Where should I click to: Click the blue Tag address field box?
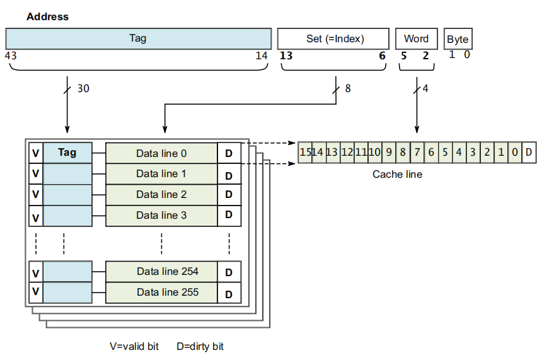coord(138,38)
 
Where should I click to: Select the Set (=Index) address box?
coord(334,38)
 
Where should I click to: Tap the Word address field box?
coord(416,38)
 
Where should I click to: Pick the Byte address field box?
coord(458,39)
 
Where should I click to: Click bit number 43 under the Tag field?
coord(11,55)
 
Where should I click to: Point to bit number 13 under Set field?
coord(286,55)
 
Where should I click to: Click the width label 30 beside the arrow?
coord(83,89)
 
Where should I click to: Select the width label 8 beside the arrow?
coord(348,89)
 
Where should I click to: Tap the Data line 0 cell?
coord(161,153)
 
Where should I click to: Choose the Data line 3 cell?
coord(161,216)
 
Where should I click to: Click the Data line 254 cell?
coord(167,272)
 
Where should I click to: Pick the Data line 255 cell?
coord(167,293)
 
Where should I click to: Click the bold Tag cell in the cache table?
coord(67,153)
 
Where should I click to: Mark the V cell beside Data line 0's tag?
coord(36,153)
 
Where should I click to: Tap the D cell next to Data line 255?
coord(229,294)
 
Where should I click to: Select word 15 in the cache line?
coord(306,152)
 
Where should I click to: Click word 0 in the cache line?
coord(515,152)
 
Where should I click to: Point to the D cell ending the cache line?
coord(529,152)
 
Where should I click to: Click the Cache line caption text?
coord(397,174)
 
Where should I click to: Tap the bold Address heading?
coord(47,17)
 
